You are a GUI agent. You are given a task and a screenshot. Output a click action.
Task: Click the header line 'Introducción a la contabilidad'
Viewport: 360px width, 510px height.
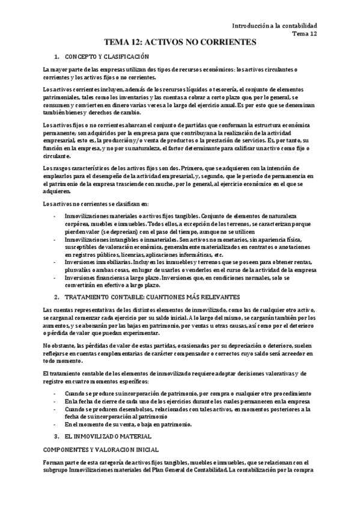point(275,25)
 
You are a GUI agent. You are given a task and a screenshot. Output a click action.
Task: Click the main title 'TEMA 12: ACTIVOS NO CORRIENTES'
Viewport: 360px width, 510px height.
point(180,42)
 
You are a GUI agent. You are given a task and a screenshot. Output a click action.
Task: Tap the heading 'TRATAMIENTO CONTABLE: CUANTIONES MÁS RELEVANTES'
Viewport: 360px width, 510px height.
point(147,297)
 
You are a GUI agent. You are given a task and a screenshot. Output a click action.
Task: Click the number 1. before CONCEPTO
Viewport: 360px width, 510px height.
point(56,57)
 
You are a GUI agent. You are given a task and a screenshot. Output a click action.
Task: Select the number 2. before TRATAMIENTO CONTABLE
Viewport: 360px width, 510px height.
point(56,297)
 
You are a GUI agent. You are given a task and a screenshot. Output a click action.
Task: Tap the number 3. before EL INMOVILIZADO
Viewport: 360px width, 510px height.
point(56,435)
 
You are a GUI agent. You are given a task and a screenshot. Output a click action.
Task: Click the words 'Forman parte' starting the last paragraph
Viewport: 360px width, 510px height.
point(58,461)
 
